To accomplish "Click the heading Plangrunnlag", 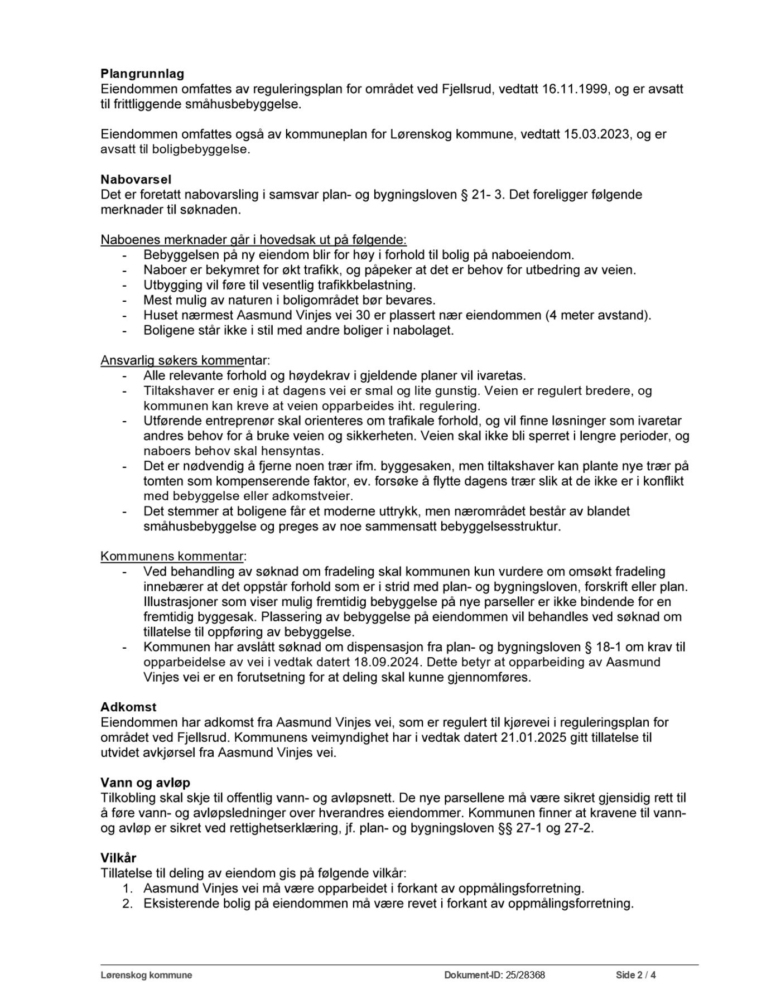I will tap(142, 73).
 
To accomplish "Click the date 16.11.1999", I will tap(575, 89).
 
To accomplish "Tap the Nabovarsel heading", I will tap(136, 180).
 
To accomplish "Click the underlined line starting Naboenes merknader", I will tap(253, 240).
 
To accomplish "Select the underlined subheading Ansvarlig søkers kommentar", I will tap(185, 360).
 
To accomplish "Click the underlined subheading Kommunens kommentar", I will tap(173, 556).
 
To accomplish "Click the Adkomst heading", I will tap(128, 707).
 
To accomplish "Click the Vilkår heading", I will tap(118, 858).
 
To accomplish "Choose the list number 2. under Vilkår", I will tap(128, 904).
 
